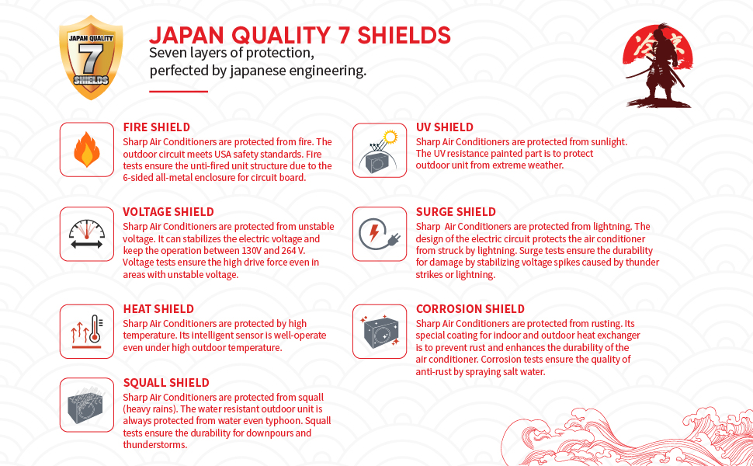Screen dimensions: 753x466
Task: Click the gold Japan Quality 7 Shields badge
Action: tap(91, 57)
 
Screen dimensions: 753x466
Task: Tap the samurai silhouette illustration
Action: tap(658, 66)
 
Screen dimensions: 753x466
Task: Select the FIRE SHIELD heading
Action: tap(157, 127)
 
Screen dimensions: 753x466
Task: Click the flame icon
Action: tap(87, 149)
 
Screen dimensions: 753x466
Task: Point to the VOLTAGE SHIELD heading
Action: tap(168, 212)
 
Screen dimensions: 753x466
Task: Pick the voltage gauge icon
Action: tap(87, 234)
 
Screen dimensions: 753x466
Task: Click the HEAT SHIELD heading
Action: tap(158, 309)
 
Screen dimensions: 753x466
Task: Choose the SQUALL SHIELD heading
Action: tap(166, 383)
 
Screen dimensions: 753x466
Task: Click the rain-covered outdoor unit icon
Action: tap(87, 405)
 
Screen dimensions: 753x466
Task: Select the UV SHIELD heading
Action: tap(445, 127)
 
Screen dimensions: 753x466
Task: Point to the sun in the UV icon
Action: tap(390, 137)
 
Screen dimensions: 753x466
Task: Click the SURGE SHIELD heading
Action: tap(456, 212)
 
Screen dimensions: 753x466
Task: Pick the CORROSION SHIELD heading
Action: tap(470, 309)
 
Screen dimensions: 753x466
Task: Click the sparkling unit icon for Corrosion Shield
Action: tap(380, 331)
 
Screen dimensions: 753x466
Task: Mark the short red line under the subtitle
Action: tap(179, 92)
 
